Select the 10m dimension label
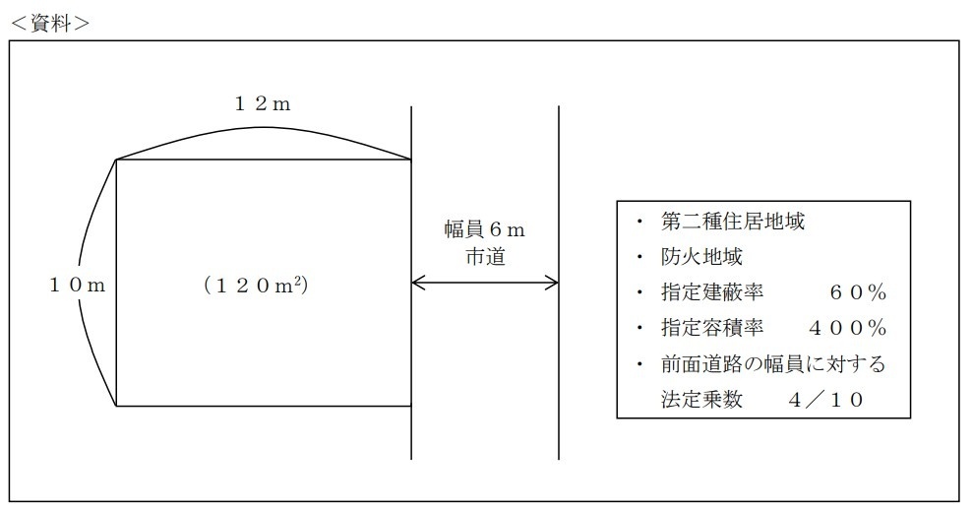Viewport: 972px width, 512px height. coord(77,286)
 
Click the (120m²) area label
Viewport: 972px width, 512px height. coord(263,286)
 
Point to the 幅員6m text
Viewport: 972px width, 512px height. coord(484,230)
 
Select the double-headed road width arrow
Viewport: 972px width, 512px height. coord(484,284)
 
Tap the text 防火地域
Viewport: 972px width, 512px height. coord(702,258)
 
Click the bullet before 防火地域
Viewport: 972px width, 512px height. coord(640,258)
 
